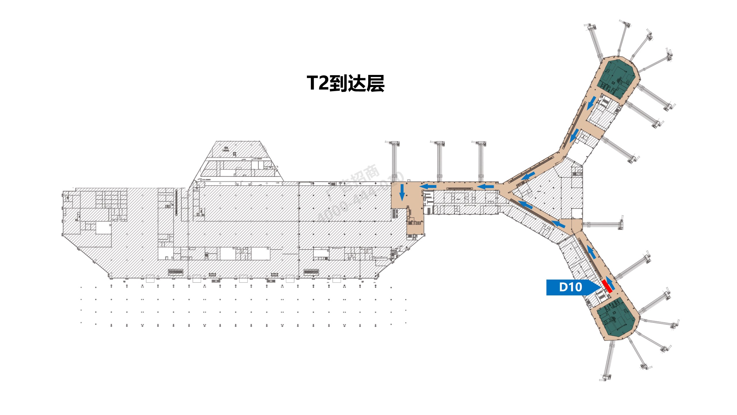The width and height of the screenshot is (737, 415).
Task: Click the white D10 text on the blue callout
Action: pyautogui.click(x=570, y=287)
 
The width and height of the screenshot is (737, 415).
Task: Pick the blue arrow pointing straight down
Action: pyautogui.click(x=402, y=192)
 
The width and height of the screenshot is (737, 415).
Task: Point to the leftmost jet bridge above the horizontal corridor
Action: pyautogui.click(x=394, y=161)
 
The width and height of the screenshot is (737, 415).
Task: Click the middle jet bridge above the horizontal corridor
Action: pyautogui.click(x=439, y=161)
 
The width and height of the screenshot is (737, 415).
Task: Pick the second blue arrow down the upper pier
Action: pyautogui.click(x=575, y=135)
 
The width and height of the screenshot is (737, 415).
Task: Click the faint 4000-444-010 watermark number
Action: pyautogui.click(x=360, y=199)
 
